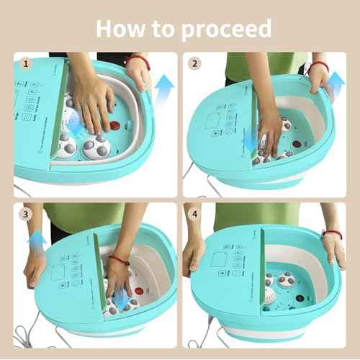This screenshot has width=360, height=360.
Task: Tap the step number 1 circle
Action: (27, 63)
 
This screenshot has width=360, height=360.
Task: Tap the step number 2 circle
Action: (194, 63)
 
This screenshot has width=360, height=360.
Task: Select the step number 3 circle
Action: (27, 213)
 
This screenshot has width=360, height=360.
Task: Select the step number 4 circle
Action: (194, 213)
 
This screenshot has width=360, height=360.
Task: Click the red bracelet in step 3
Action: (115, 260)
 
